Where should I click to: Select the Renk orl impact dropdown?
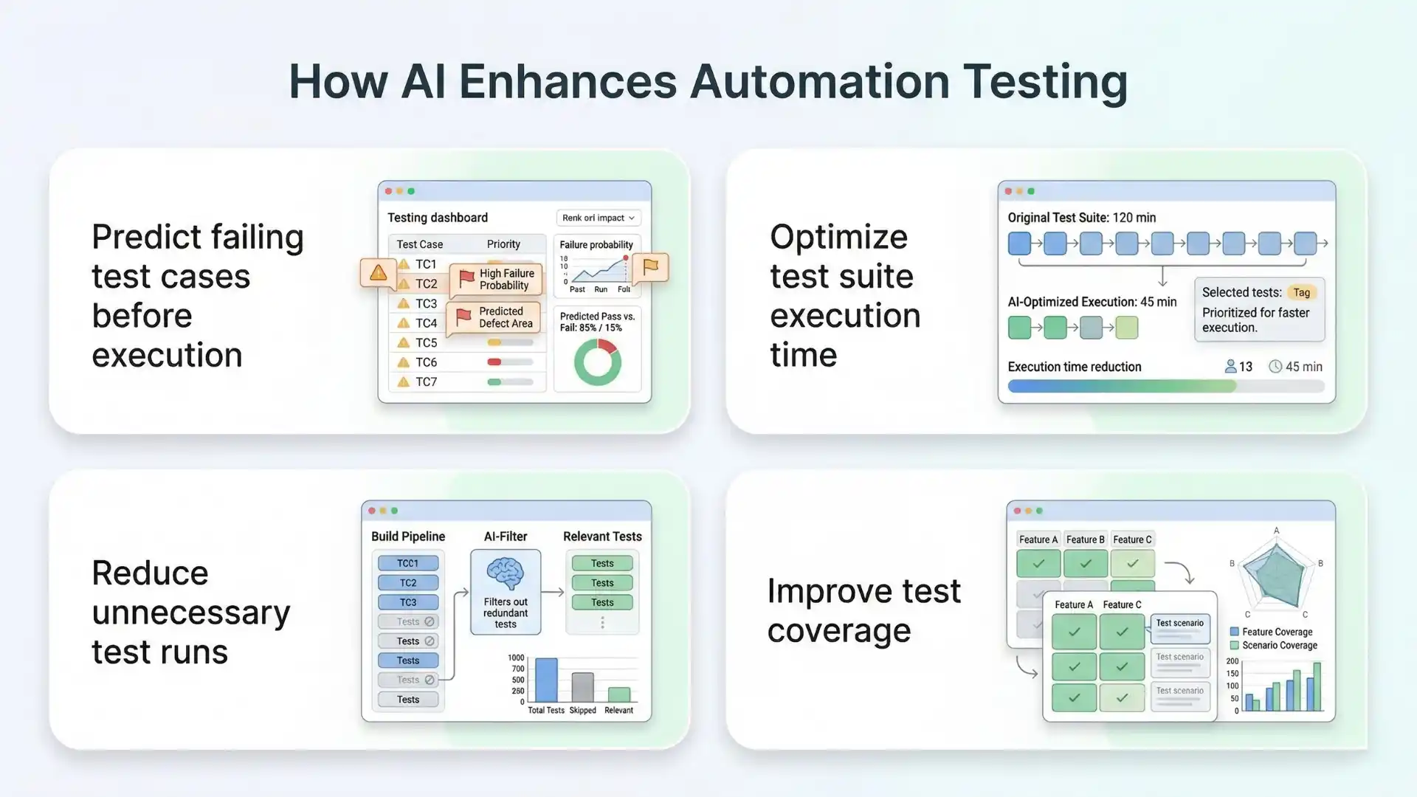(x=598, y=218)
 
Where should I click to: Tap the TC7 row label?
(x=426, y=382)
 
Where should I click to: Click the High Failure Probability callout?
(x=497, y=279)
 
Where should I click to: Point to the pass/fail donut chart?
(x=597, y=362)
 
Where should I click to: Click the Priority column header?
(x=503, y=244)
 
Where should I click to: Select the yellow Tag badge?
(x=1301, y=292)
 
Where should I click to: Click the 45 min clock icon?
(x=1275, y=366)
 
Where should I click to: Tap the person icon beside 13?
(x=1230, y=366)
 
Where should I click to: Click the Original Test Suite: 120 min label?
(x=1081, y=218)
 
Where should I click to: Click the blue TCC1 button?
(x=407, y=563)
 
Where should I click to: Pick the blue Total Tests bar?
(x=546, y=680)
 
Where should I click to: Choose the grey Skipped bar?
(x=582, y=687)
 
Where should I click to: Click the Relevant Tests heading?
(x=602, y=536)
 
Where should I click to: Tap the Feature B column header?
(x=1085, y=539)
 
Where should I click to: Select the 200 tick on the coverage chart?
(x=1232, y=661)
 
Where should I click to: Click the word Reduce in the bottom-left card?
(x=150, y=573)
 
